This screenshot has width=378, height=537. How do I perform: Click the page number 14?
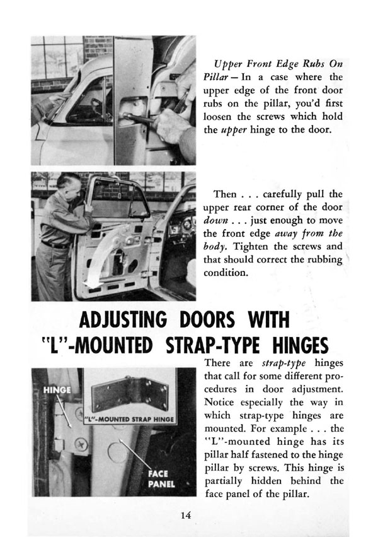pos(184,515)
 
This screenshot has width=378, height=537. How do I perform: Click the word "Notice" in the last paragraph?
pos(221,401)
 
